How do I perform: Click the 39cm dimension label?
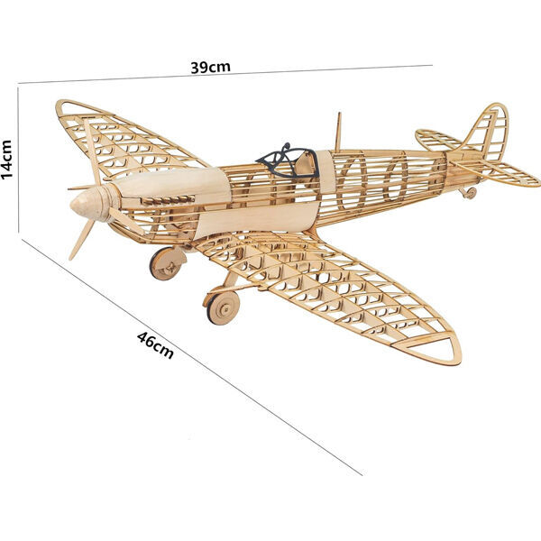[210, 68]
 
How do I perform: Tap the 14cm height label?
[7, 160]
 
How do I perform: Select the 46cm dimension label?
[155, 345]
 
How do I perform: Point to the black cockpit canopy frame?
[287, 161]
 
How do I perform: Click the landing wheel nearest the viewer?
[223, 307]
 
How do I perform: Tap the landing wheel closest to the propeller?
[167, 263]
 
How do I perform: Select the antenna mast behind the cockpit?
[338, 132]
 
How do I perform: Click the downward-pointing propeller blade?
[82, 240]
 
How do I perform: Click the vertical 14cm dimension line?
[18, 160]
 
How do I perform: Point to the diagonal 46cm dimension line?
[191, 357]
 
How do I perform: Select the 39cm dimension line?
[225, 74]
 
